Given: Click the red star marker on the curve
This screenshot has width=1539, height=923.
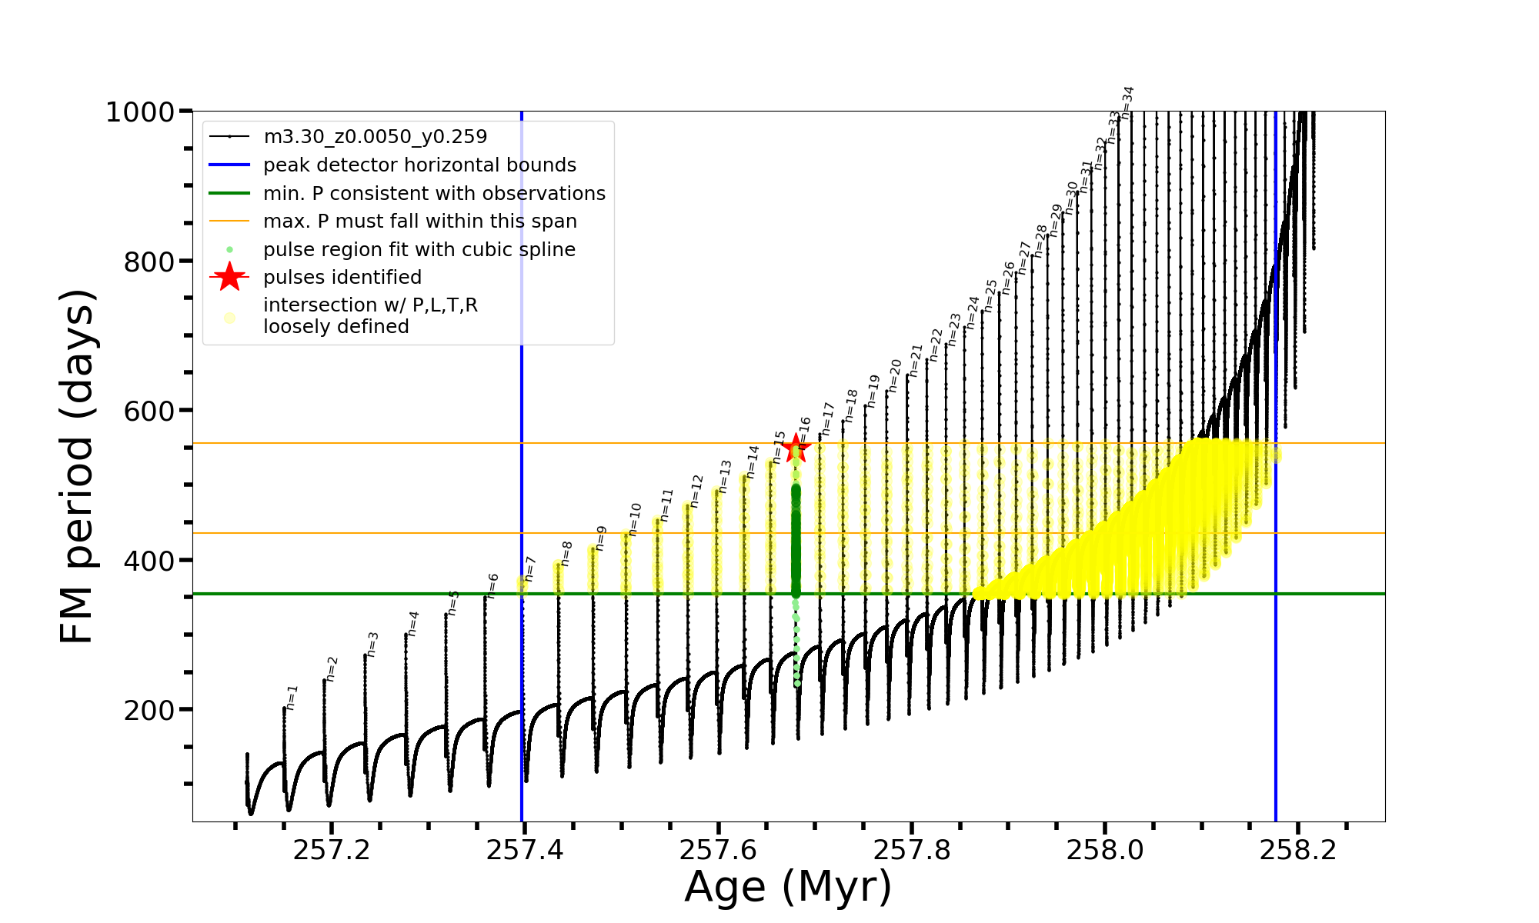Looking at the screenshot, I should (x=796, y=448).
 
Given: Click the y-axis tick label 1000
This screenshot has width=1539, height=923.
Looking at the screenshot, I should (x=140, y=112).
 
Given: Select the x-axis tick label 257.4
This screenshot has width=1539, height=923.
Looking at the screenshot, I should (x=525, y=849).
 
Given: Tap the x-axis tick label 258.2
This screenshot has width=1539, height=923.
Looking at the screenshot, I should (x=1298, y=849).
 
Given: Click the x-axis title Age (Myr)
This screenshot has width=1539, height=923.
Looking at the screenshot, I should (x=788, y=887).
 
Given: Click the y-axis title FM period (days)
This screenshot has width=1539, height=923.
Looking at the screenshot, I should (x=78, y=466).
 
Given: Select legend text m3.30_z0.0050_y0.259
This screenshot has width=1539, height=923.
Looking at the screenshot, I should (x=375, y=137).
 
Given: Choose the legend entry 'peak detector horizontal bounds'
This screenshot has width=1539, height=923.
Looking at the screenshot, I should (x=419, y=165).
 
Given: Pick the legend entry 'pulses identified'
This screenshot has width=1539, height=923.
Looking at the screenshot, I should (x=342, y=278).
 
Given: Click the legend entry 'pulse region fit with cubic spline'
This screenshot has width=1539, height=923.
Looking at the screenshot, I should (x=419, y=250).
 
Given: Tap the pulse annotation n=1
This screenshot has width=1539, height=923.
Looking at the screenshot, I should (x=292, y=697).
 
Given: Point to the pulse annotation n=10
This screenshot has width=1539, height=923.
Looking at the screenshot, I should (x=635, y=519).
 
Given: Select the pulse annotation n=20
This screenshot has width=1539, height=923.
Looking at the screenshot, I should (x=894, y=375).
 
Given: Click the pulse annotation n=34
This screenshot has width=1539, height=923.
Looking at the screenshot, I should (x=1127, y=102).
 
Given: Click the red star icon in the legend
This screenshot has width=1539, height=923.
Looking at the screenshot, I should (x=229, y=278).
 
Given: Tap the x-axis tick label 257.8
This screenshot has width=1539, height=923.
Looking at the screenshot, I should (x=912, y=849).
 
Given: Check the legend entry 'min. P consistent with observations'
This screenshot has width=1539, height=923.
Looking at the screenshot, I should (x=434, y=194).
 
